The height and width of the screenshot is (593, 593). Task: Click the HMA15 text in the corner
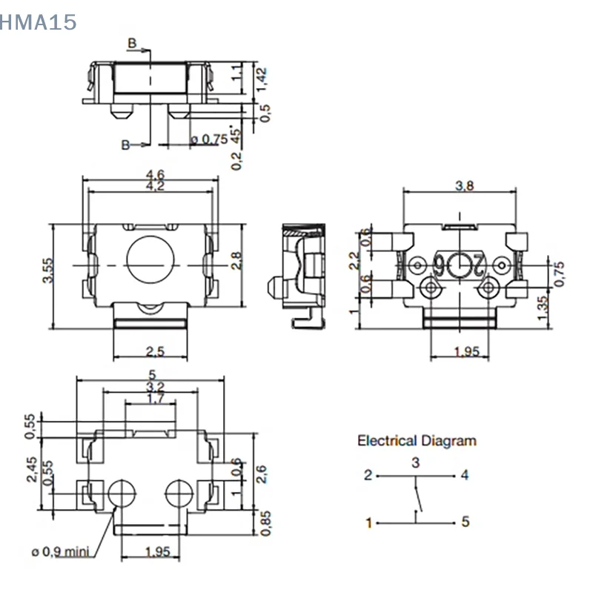pyautogui.click(x=39, y=23)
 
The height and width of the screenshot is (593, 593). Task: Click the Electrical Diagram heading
pyautogui.click(x=417, y=441)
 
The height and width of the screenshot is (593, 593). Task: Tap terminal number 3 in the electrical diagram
pyautogui.click(x=416, y=463)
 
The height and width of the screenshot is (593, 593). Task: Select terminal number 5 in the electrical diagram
pyautogui.click(x=465, y=522)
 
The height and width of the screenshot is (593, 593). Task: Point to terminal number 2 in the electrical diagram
pyautogui.click(x=368, y=475)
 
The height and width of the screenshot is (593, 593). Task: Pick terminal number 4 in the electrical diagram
pyautogui.click(x=465, y=475)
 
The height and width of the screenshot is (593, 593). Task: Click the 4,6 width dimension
pyautogui.click(x=156, y=174)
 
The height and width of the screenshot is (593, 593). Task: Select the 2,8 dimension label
pyautogui.click(x=236, y=261)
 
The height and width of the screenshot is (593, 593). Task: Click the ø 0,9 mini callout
pyautogui.click(x=59, y=551)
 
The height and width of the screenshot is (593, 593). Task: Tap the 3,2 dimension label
pyautogui.click(x=154, y=387)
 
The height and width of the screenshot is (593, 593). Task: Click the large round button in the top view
pyautogui.click(x=149, y=260)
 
